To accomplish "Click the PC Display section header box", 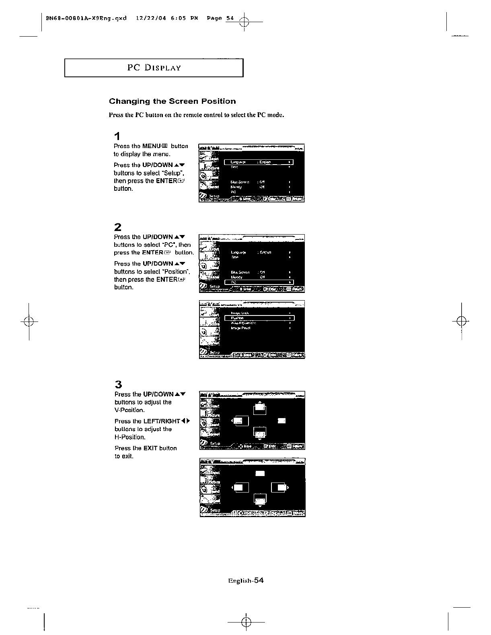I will coord(154,68).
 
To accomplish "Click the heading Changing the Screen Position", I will coord(173,101).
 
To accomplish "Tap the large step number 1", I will coord(117,136).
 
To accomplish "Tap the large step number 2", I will coord(117,227).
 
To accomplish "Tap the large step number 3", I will coord(118,384).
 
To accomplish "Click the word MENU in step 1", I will coord(151,146).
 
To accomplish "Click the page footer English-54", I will coord(245,580).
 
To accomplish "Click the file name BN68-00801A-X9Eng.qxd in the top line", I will coord(86,18).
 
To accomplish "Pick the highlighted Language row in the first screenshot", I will coord(259,162).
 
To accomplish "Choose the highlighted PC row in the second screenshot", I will coord(259,282).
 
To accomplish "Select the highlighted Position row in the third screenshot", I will coord(259,318).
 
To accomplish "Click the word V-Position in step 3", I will coord(129,410).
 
